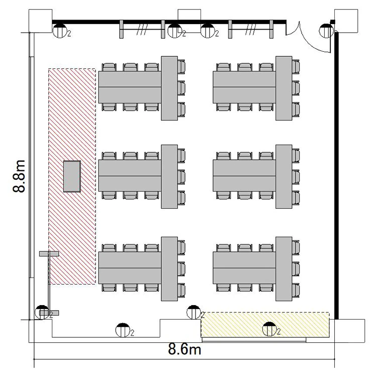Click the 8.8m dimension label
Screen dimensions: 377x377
coord(19,176)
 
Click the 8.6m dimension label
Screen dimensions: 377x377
coord(184,349)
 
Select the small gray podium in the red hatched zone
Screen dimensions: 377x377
coord(72,176)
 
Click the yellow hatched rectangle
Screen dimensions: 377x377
coord(265,325)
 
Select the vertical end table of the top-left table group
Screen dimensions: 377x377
coord(169,88)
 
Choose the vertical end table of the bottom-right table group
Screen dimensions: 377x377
coord(284,269)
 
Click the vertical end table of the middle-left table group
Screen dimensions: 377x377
coord(169,176)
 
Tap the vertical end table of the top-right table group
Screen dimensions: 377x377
coord(284,88)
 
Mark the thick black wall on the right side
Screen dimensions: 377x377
coord(336,175)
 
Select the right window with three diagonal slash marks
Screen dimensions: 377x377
coord(251,29)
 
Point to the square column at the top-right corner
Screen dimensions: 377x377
coord(346,21)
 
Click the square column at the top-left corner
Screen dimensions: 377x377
coord(40,21)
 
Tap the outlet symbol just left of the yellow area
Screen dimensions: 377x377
coord(194,312)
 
